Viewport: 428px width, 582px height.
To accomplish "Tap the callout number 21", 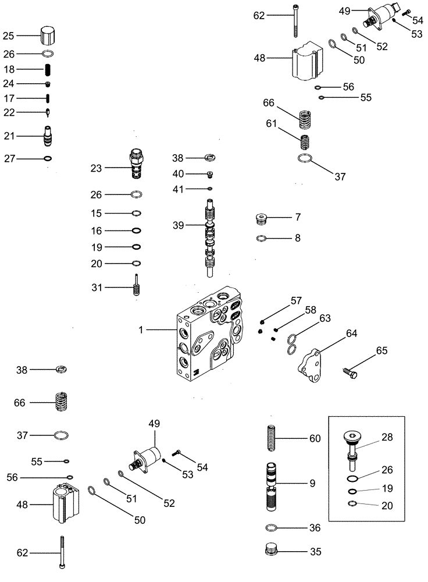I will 9,136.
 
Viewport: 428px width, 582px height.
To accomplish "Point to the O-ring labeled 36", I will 270,527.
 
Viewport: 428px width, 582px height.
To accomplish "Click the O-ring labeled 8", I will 262,237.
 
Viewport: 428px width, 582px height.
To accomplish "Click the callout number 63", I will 324,318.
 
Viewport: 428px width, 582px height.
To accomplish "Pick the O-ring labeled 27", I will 48,158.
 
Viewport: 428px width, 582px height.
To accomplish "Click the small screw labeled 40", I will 211,173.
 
